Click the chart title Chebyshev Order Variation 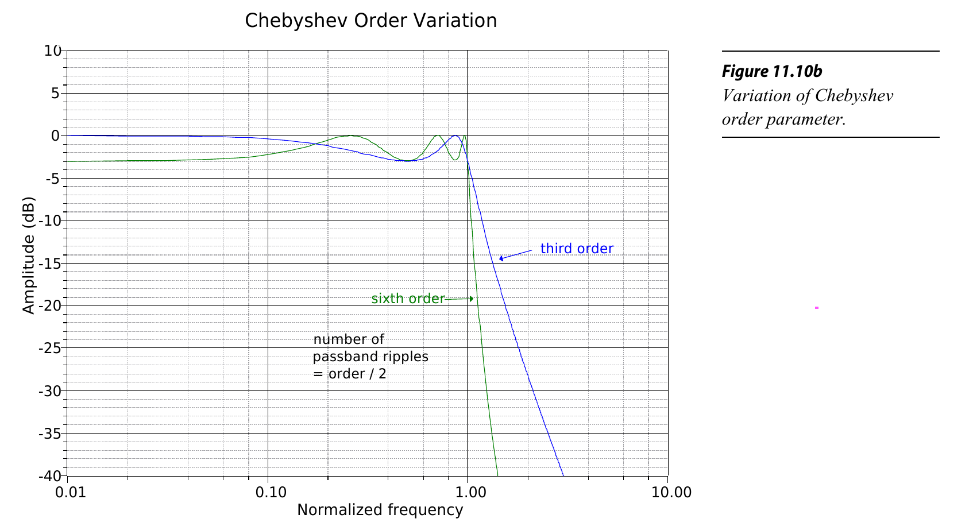pyautogui.click(x=370, y=21)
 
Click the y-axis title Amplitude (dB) pyautogui.click(x=29, y=256)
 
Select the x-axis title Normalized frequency pyautogui.click(x=380, y=510)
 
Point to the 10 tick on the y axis pyautogui.click(x=52, y=51)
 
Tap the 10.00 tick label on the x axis pyautogui.click(x=667, y=493)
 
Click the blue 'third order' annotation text pyautogui.click(x=577, y=249)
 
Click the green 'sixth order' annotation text pyautogui.click(x=408, y=299)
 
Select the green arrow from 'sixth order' pyautogui.click(x=460, y=299)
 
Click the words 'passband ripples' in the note pyautogui.click(x=370, y=357)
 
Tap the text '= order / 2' pyautogui.click(x=349, y=374)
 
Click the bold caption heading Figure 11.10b pyautogui.click(x=771, y=71)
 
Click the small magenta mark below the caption pyautogui.click(x=816, y=308)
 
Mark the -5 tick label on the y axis pyautogui.click(x=52, y=178)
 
